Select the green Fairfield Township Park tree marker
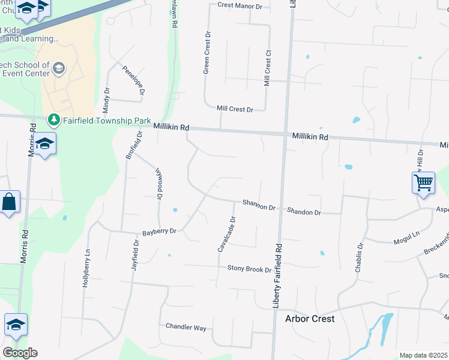(54, 119)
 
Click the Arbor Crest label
(310, 319)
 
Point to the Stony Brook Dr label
(249, 269)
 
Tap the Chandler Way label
(186, 327)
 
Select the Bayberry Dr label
(159, 231)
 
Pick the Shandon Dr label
(304, 212)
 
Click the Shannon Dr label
(259, 206)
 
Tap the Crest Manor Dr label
(240, 6)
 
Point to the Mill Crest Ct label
(268, 68)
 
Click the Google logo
(20, 353)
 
